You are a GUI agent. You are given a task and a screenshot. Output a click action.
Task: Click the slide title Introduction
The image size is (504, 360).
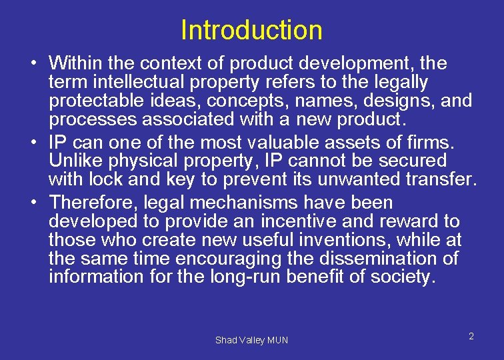pos(251,30)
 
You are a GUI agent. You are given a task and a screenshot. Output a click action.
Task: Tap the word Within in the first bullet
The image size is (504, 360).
pos(74,64)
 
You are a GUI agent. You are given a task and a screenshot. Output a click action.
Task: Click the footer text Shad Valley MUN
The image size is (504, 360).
pos(251,340)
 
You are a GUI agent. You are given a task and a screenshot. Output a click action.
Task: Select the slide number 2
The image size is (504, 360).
pos(471,336)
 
